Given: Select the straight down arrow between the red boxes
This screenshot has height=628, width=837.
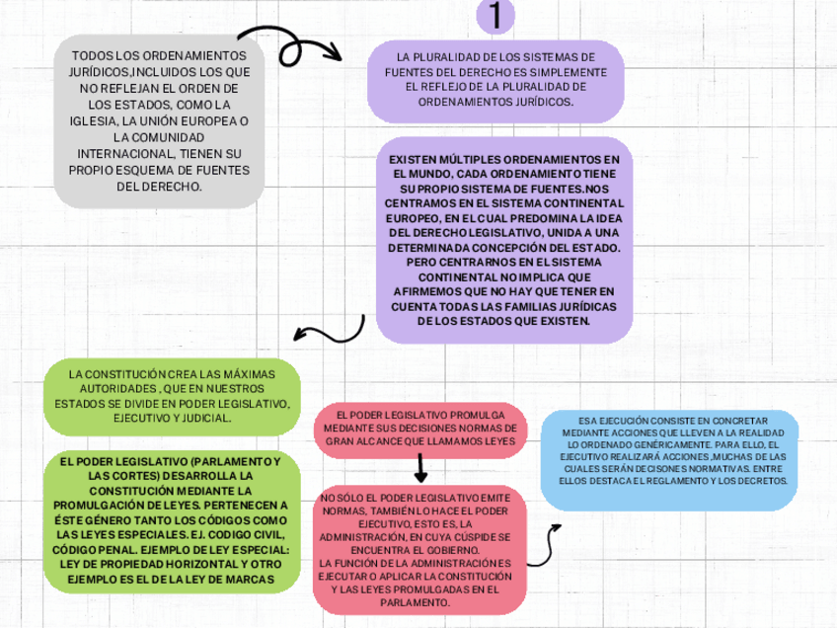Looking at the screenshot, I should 421,465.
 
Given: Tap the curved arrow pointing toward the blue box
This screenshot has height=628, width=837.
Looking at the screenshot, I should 546,549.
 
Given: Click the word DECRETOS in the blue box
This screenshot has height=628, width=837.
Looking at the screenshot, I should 761,481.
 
